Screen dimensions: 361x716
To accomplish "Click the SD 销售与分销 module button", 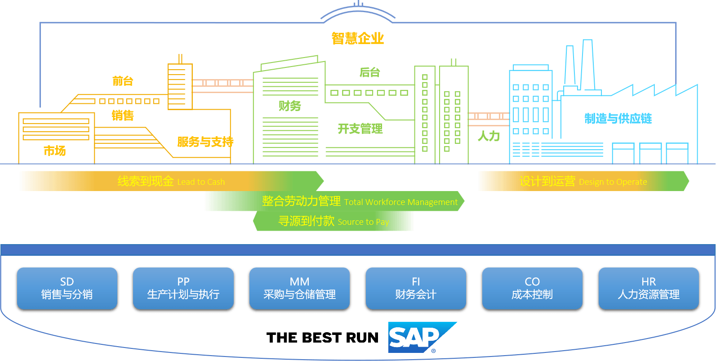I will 67,288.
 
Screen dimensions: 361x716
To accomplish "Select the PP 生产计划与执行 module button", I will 183,288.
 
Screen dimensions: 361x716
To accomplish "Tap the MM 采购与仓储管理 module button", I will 299,288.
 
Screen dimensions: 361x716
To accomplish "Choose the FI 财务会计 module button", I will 416,288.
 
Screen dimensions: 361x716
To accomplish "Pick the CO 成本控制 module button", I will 532,288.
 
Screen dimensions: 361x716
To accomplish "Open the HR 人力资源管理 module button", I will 649,288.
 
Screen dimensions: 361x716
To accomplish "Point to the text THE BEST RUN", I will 322,338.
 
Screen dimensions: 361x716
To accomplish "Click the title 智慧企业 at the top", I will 357,38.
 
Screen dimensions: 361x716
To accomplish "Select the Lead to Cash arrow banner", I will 171,181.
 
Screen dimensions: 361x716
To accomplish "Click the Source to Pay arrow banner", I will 333,221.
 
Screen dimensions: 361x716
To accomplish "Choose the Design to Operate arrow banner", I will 583,181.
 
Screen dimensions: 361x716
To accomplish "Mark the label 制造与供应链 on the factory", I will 618,119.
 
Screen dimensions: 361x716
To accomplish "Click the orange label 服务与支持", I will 205,142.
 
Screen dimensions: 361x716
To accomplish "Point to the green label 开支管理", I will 360,129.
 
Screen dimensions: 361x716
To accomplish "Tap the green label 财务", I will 289,106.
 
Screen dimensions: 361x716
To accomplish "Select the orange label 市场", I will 54,151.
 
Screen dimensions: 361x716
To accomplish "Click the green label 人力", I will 489,136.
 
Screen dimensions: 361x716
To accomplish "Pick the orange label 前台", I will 123,81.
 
